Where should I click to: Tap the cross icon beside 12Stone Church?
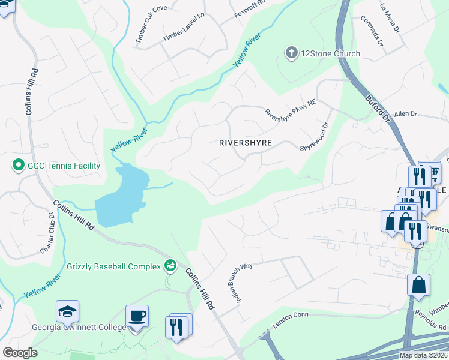pos(292,53)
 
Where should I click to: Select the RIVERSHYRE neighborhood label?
pos(246,143)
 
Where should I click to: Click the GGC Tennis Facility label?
pos(61,164)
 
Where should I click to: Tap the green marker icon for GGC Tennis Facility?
pos(18,164)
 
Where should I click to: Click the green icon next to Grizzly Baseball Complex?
pos(170,265)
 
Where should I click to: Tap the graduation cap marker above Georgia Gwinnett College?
pos(67,311)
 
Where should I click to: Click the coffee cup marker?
pos(137,316)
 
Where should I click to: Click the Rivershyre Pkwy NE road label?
pos(291,105)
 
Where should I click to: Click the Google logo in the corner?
pos(20,353)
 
